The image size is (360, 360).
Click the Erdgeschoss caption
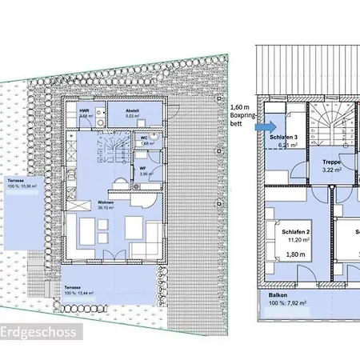(38, 332)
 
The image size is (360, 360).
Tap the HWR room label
(84, 110)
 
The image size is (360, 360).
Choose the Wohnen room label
(106, 203)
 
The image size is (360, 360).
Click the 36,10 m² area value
(106, 210)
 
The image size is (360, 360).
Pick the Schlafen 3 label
(286, 138)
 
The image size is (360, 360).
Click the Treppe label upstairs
(332, 161)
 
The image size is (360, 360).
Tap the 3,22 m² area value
(332, 170)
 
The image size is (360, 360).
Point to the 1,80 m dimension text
(296, 254)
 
